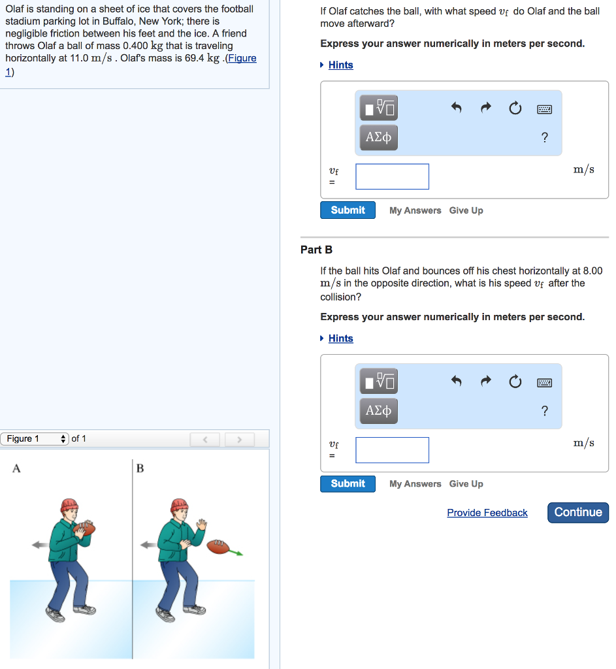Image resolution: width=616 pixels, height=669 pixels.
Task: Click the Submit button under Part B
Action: click(x=348, y=484)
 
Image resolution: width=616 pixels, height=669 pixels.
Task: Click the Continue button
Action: click(x=578, y=512)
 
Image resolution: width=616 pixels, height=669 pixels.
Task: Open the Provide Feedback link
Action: click(x=487, y=513)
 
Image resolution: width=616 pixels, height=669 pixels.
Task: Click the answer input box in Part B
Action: click(x=392, y=450)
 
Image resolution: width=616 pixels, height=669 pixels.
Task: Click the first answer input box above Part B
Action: click(x=392, y=176)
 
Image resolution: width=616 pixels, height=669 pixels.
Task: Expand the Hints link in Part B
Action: click(x=340, y=338)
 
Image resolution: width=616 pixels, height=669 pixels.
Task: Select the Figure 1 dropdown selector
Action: click(x=35, y=438)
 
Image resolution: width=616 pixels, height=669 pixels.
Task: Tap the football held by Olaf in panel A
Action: click(x=84, y=529)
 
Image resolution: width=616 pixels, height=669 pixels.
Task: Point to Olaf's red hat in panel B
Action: click(x=179, y=505)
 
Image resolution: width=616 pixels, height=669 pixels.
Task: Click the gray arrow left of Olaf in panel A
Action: click(x=41, y=545)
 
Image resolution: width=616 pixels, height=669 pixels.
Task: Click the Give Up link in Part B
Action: click(x=466, y=484)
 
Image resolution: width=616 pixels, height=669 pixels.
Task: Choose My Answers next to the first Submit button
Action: click(x=415, y=210)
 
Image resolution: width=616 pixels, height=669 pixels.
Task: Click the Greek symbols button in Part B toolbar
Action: click(x=378, y=411)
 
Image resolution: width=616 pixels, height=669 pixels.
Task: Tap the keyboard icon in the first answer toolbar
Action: click(x=544, y=110)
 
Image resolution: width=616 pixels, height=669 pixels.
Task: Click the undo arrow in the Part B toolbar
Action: click(x=457, y=381)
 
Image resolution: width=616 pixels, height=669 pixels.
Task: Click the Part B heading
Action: click(x=316, y=250)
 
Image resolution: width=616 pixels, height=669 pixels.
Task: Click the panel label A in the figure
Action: click(x=16, y=468)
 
